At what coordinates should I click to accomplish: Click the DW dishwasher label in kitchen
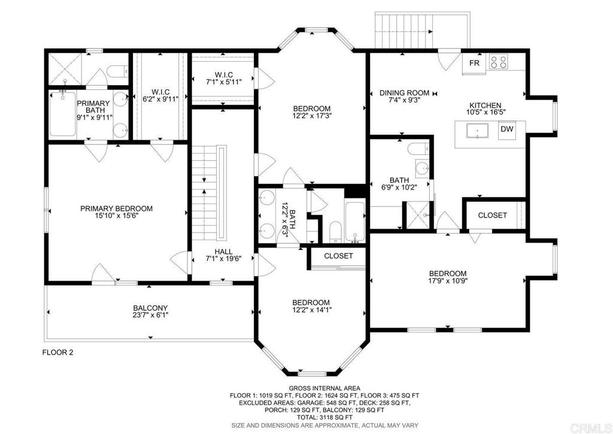click(x=507, y=129)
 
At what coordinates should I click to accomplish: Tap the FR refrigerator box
click(x=474, y=62)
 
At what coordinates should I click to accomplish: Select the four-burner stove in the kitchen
click(x=499, y=61)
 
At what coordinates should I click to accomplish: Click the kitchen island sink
click(x=477, y=131)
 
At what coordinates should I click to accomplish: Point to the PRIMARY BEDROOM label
click(x=117, y=209)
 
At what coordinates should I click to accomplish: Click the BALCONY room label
click(x=150, y=308)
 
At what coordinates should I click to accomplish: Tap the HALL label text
click(x=223, y=252)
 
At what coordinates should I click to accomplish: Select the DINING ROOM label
click(x=404, y=93)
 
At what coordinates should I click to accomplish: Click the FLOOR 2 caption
click(x=57, y=352)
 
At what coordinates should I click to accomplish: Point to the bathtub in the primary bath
click(x=62, y=113)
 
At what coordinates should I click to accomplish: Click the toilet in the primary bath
click(x=118, y=71)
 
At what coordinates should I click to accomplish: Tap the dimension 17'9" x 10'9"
click(x=448, y=281)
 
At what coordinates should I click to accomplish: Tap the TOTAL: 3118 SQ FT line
click(x=324, y=418)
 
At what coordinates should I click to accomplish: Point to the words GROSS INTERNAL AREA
click(x=324, y=388)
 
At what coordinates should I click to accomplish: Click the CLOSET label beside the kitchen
click(x=492, y=215)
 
